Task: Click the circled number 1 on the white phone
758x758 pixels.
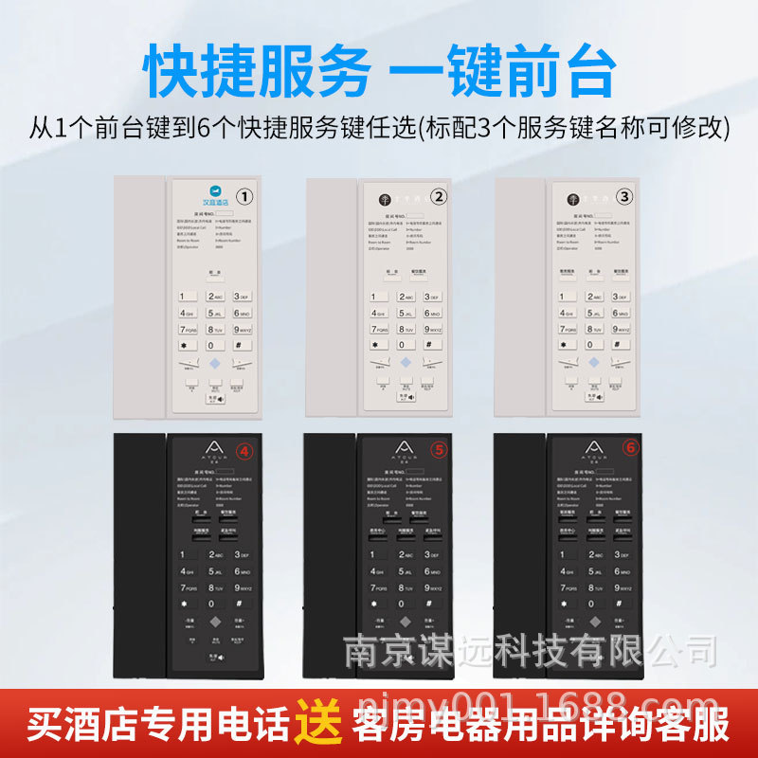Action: point(244,197)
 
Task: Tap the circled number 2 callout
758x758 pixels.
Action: point(438,197)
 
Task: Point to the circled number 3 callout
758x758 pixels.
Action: point(623,197)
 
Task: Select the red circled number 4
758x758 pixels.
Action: point(244,452)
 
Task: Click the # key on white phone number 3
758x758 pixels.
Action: point(621,344)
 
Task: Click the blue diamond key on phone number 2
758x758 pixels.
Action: point(406,363)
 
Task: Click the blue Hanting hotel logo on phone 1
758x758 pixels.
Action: point(195,195)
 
